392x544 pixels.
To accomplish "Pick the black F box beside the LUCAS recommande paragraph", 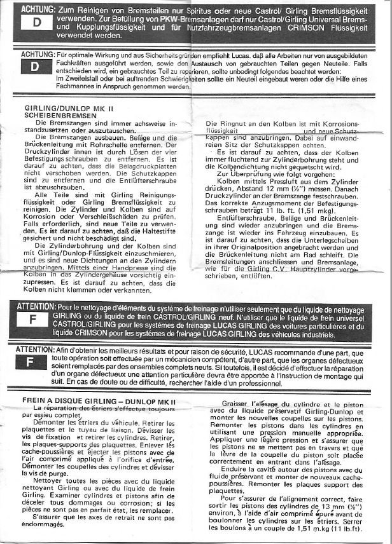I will tap(33, 362).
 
